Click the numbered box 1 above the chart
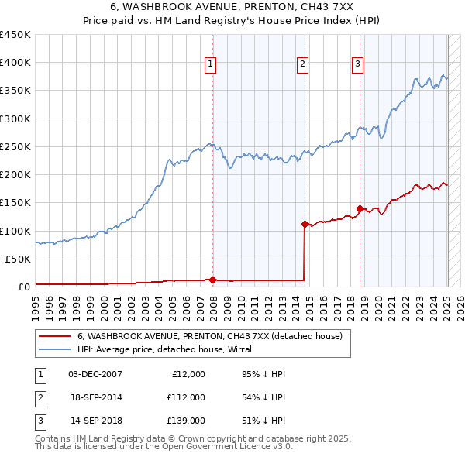(x=210, y=64)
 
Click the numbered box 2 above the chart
(x=302, y=64)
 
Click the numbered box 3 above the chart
(x=357, y=64)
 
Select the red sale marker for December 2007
(x=212, y=280)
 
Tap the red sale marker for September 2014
(x=305, y=224)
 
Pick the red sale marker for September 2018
(x=360, y=208)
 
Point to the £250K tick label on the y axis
(x=15, y=146)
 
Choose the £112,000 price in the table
(x=186, y=397)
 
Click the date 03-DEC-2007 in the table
(x=95, y=374)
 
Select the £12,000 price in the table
(x=188, y=374)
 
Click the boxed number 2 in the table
(x=40, y=397)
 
